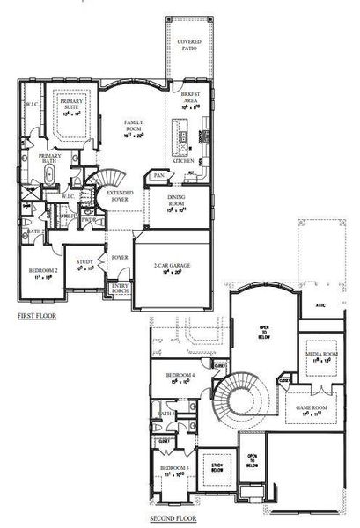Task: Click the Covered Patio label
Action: [x=188, y=45]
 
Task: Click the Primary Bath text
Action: [x=49, y=159]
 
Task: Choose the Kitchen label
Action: [x=182, y=161]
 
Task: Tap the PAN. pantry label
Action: [x=158, y=176]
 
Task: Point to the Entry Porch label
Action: [x=118, y=290]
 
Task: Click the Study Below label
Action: [x=214, y=467]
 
